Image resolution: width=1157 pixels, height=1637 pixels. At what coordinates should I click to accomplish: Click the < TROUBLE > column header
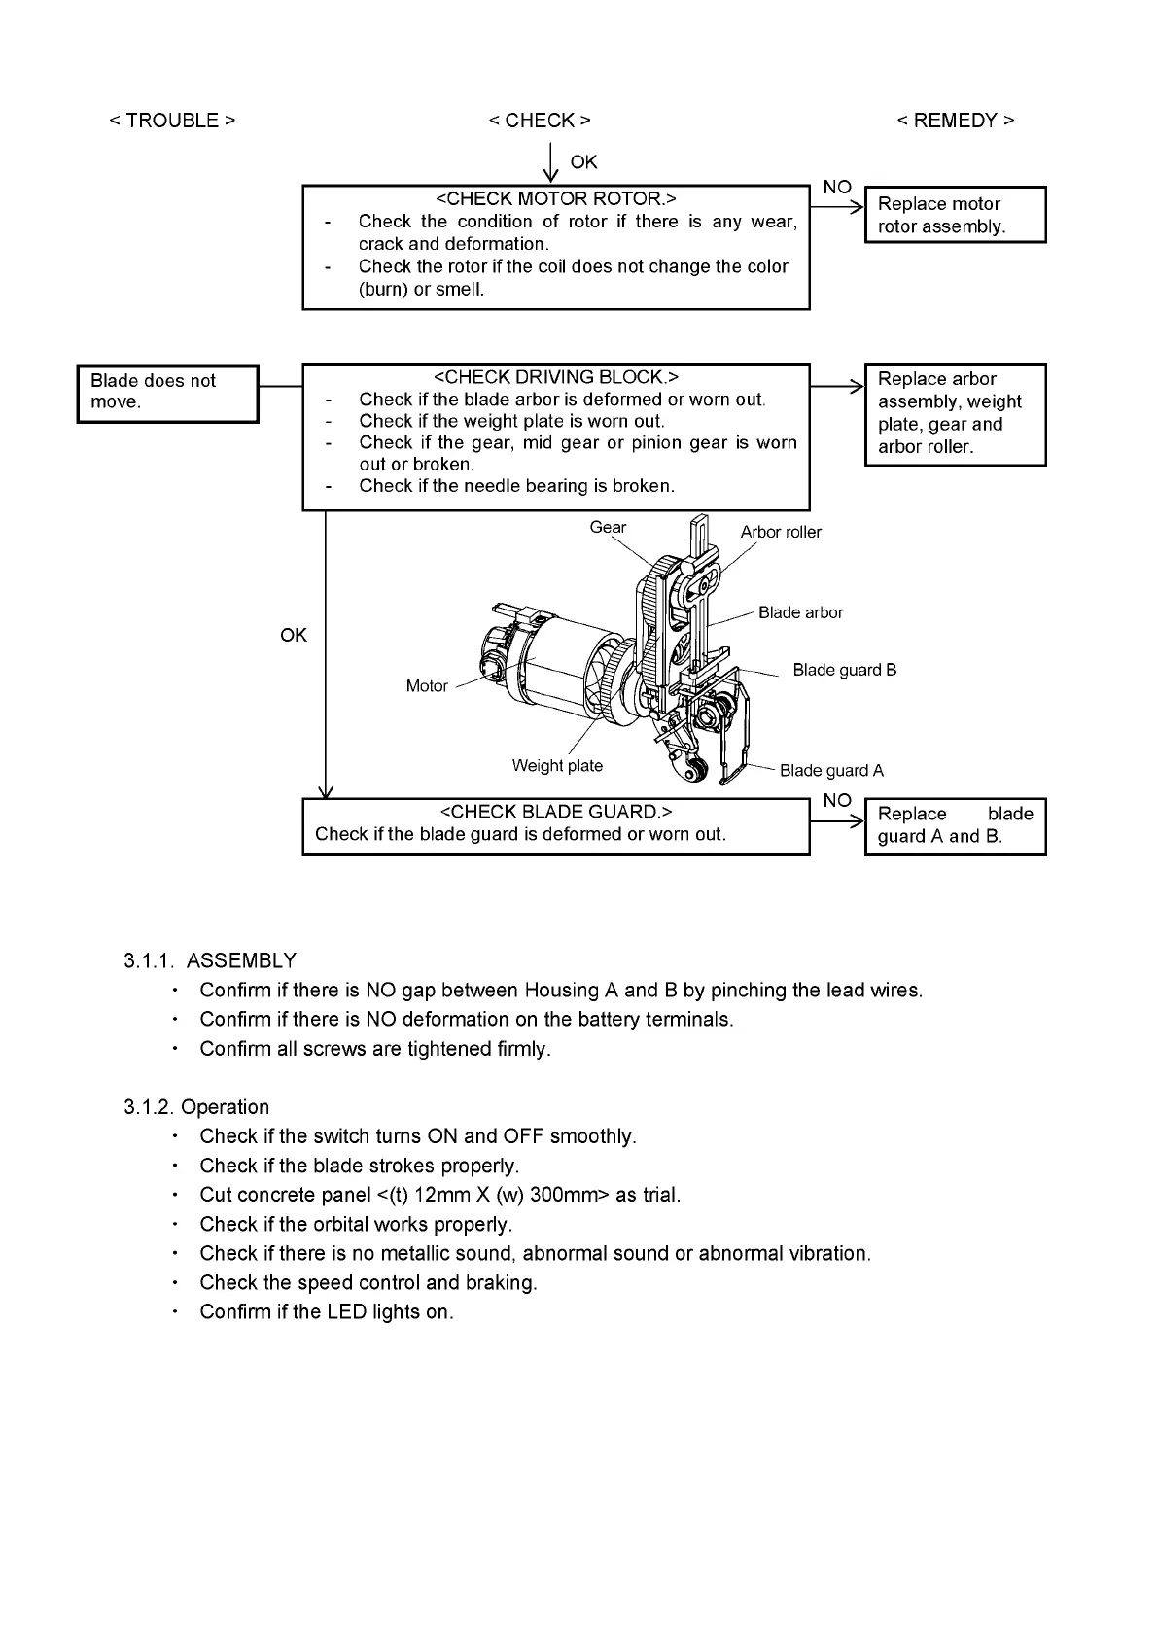click(172, 121)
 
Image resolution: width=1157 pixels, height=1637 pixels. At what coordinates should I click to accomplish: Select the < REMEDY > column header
click(955, 121)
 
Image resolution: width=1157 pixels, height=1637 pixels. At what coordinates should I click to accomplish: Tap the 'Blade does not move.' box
click(167, 393)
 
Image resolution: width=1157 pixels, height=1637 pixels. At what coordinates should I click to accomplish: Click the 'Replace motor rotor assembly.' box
click(955, 215)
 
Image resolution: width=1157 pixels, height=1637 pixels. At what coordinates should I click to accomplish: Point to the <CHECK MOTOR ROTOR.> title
click(555, 199)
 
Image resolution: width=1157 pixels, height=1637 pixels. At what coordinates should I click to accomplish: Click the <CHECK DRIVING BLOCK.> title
click(555, 377)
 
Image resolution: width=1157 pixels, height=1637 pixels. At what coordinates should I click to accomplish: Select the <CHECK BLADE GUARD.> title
click(555, 812)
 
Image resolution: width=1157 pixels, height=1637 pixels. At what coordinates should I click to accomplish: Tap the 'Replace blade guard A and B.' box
click(955, 826)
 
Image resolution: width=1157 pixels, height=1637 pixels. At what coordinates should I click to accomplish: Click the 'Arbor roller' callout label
click(781, 532)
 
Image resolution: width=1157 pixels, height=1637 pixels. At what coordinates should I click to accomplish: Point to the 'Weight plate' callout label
click(557, 766)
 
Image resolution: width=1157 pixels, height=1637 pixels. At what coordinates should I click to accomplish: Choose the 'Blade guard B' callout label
click(844, 670)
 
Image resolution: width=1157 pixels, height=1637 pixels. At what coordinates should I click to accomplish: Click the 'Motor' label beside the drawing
click(427, 686)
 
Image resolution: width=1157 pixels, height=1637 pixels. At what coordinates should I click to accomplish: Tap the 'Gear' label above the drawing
click(608, 528)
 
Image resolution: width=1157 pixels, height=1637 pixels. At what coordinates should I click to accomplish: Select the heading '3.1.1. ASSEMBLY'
click(210, 961)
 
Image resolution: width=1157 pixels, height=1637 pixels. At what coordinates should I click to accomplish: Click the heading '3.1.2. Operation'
click(196, 1107)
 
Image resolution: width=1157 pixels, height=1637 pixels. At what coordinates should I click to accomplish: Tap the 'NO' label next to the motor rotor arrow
click(837, 187)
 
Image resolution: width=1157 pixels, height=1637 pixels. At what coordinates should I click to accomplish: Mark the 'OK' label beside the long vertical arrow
click(294, 635)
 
